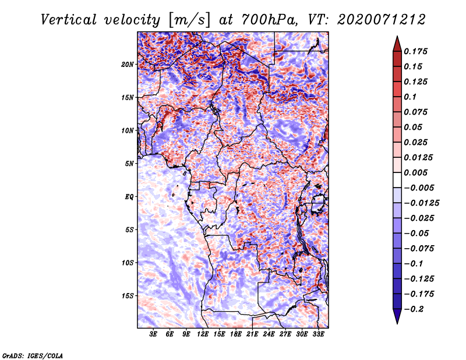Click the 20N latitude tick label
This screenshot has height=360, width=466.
pyautogui.click(x=128, y=65)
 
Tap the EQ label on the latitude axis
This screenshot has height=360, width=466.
pyautogui.click(x=129, y=197)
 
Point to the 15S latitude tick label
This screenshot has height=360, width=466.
pyautogui.click(x=128, y=296)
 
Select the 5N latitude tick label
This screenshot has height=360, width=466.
pyautogui.click(x=129, y=164)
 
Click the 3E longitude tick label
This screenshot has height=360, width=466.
pyautogui.click(x=153, y=334)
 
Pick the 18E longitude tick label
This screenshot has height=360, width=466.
pyautogui.click(x=236, y=334)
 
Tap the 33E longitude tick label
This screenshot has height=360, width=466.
pyautogui.click(x=318, y=334)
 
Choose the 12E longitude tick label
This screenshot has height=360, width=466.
pyautogui.click(x=203, y=334)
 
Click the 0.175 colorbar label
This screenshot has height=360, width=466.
pyautogui.click(x=415, y=51)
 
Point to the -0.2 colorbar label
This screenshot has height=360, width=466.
pyautogui.click(x=414, y=309)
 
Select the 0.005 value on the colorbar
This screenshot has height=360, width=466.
pyautogui.click(x=415, y=172)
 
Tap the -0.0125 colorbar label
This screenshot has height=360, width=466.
pyautogui.click(x=421, y=203)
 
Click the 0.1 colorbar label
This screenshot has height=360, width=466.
pyautogui.click(x=410, y=97)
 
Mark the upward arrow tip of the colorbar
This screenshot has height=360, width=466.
pyautogui.click(x=397, y=36)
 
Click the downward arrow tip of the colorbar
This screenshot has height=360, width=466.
pyautogui.click(x=397, y=323)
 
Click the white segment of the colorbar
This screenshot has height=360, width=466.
pyautogui.click(x=397, y=180)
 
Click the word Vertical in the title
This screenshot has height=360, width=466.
pyautogui.click(x=69, y=20)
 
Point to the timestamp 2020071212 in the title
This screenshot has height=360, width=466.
pyautogui.click(x=382, y=20)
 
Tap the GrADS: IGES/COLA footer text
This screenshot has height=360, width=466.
pyautogui.click(x=33, y=355)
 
